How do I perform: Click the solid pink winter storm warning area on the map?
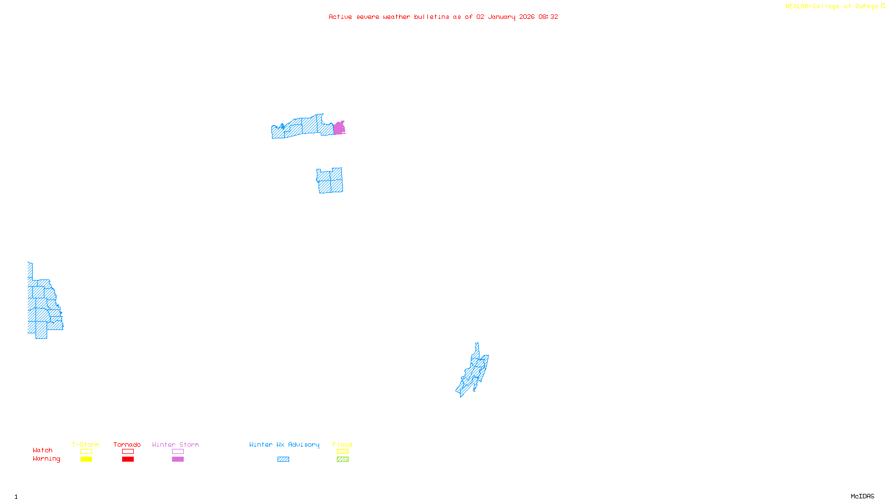tap(339, 128)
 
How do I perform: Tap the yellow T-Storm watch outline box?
tap(86, 452)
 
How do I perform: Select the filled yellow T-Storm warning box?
tap(86, 459)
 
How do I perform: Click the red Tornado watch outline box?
tap(128, 452)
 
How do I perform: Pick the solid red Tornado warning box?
tap(128, 459)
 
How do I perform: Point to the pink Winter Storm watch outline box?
tap(178, 452)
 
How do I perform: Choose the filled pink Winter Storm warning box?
tap(178, 459)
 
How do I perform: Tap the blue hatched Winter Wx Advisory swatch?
tap(283, 459)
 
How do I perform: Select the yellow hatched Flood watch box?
tap(342, 452)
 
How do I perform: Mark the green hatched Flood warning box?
tap(342, 459)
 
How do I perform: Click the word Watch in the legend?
tap(43, 451)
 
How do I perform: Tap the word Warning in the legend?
tap(46, 459)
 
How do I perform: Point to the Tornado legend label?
tap(127, 444)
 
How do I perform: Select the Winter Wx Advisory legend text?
tap(284, 444)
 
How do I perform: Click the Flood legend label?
tap(342, 444)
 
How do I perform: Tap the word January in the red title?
tap(502, 17)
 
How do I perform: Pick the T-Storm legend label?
tap(85, 444)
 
